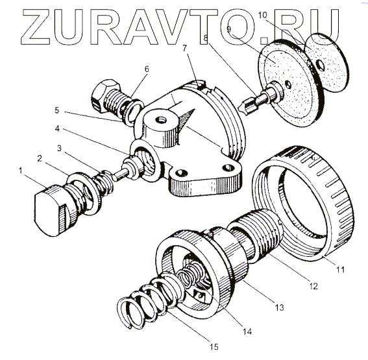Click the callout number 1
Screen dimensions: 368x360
pos(21,171)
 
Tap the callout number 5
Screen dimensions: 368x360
pos(57,110)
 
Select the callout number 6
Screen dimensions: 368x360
pos(147,69)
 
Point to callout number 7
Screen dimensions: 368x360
pos(185,48)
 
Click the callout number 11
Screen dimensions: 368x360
pos(340,270)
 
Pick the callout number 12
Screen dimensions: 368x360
pos(313,286)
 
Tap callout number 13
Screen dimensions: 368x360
pos(279,307)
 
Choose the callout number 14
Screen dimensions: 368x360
pos(247,331)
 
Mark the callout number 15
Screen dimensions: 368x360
pos(213,347)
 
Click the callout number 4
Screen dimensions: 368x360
pos(58,128)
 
